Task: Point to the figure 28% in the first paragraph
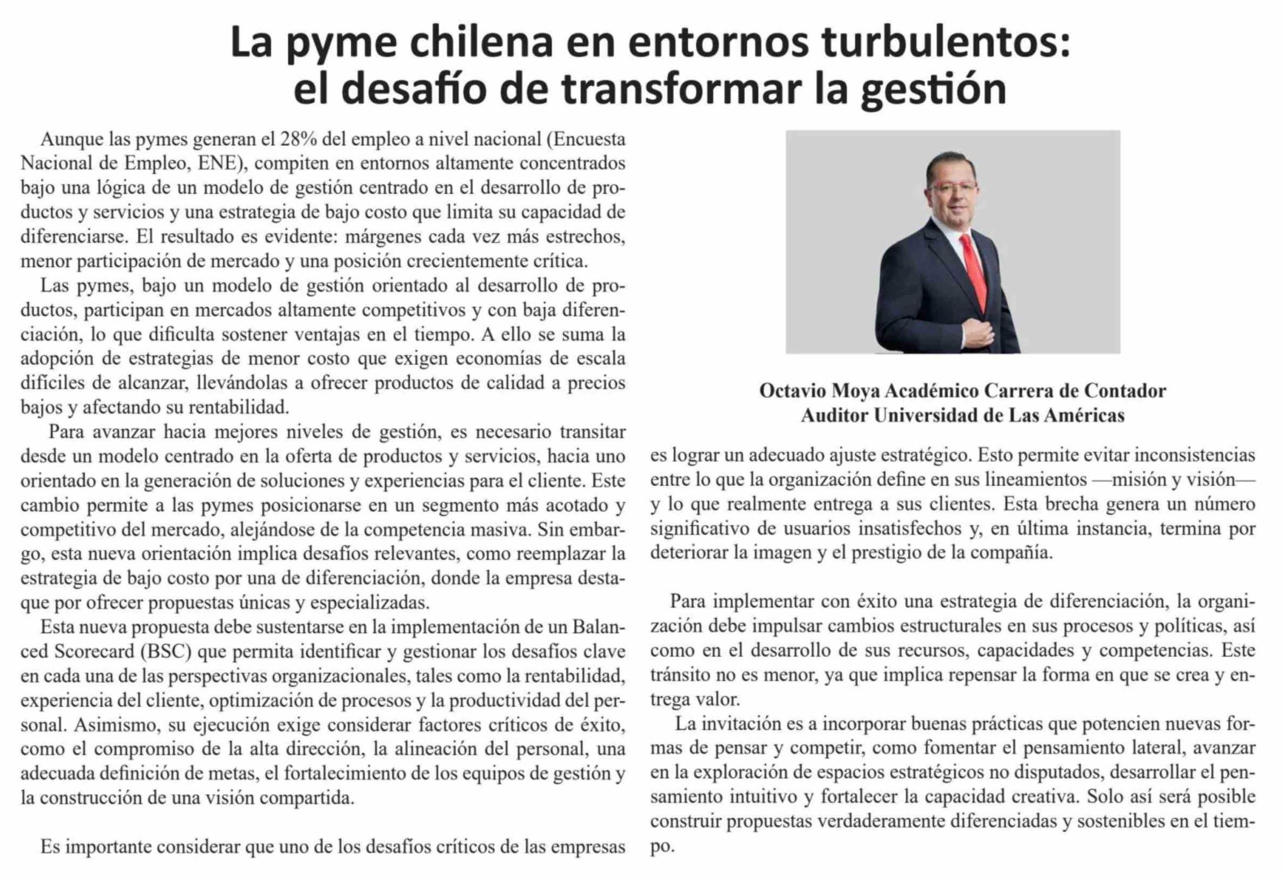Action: [299, 140]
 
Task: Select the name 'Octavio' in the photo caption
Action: [793, 391]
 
